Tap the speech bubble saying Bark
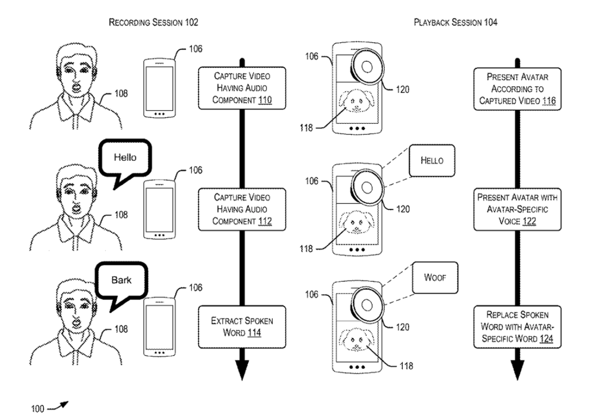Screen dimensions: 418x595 point(121,281)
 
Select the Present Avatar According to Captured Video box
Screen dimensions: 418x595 point(517,89)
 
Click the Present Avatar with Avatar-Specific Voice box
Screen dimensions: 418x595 point(517,209)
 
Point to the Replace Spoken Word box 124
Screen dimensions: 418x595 point(517,327)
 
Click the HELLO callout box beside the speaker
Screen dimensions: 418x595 point(432,161)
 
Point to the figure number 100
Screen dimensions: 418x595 point(38,409)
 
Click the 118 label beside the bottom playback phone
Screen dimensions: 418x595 point(406,366)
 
